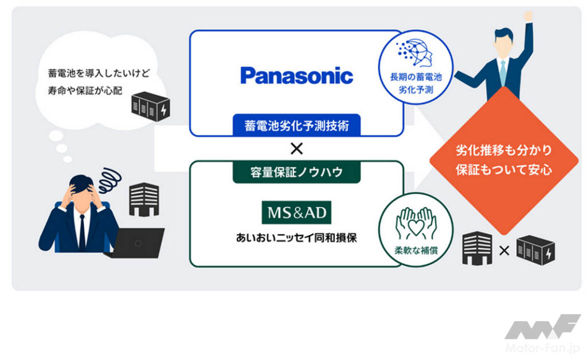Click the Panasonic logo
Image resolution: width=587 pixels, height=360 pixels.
point(296,76)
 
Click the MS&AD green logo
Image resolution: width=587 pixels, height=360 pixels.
point(296,213)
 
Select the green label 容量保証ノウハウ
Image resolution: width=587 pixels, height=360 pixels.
point(296,171)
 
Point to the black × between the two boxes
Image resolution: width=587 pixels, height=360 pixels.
point(296,149)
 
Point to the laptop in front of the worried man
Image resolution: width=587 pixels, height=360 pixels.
point(136,242)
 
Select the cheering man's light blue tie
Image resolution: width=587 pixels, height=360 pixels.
point(502,71)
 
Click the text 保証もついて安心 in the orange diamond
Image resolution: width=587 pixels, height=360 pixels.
point(504,170)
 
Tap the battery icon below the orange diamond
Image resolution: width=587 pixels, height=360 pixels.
point(535,251)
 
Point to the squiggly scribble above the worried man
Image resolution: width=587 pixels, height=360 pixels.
point(109,179)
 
